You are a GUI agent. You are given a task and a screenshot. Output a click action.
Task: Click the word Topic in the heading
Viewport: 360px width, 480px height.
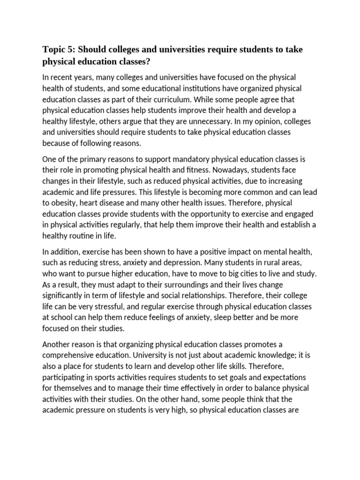coord(53,50)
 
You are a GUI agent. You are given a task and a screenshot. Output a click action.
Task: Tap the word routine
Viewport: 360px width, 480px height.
coord(89,235)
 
